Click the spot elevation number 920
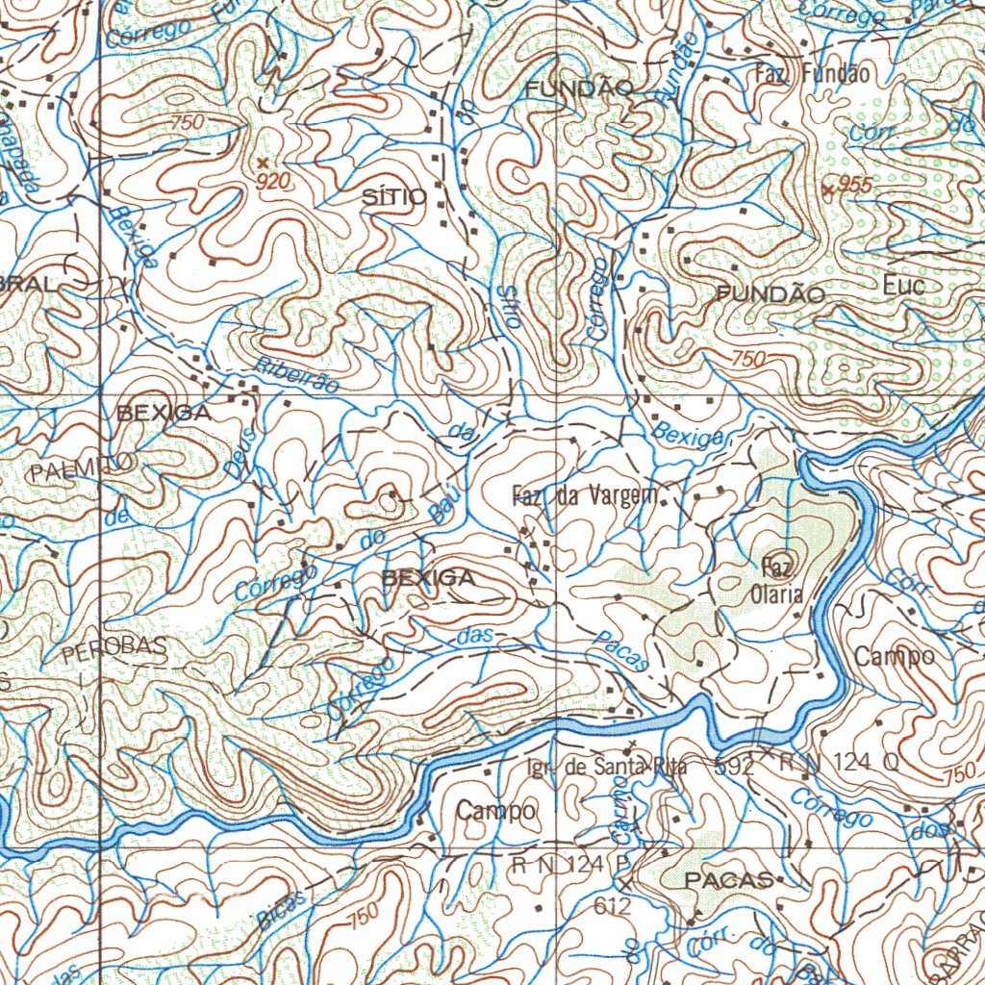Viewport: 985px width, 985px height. pyautogui.click(x=273, y=181)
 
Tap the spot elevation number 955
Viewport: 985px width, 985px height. pyautogui.click(x=854, y=186)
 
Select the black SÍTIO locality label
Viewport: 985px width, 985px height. pyautogui.click(x=394, y=197)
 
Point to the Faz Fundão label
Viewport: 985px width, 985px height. pyautogui.click(x=812, y=73)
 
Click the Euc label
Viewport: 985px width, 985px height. pyautogui.click(x=903, y=286)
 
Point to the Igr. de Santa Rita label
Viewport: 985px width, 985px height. pyautogui.click(x=606, y=767)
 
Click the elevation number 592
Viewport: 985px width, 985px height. pyautogui.click(x=735, y=767)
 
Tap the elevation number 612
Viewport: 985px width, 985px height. pyautogui.click(x=612, y=905)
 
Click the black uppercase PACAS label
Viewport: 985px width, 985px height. pyautogui.click(x=728, y=880)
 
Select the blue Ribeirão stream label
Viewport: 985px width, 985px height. pyautogui.click(x=298, y=374)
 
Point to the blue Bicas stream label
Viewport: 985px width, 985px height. pyautogui.click(x=281, y=908)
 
